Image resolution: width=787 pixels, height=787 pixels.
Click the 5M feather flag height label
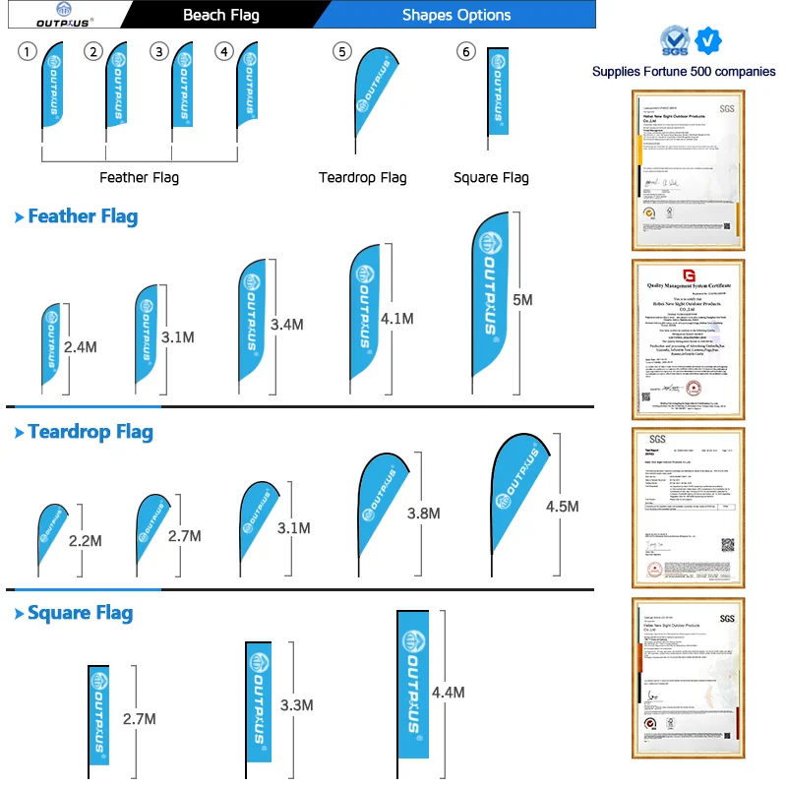click(522, 300)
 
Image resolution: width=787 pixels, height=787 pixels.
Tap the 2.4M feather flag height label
click(80, 347)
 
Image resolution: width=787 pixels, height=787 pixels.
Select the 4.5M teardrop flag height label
click(562, 507)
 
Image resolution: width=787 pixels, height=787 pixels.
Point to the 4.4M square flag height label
click(448, 693)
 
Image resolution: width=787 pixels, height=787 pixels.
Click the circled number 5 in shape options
click(341, 52)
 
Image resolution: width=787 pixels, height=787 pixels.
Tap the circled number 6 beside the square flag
click(466, 52)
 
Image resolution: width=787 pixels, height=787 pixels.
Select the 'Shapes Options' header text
click(456, 15)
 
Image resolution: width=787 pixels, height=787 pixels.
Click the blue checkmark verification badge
click(707, 41)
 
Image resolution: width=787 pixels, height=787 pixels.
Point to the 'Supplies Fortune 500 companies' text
click(684, 72)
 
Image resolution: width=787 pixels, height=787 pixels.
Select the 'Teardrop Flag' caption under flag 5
click(362, 178)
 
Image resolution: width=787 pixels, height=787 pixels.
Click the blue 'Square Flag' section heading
click(80, 614)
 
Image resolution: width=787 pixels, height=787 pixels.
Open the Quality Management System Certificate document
click(688, 339)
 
